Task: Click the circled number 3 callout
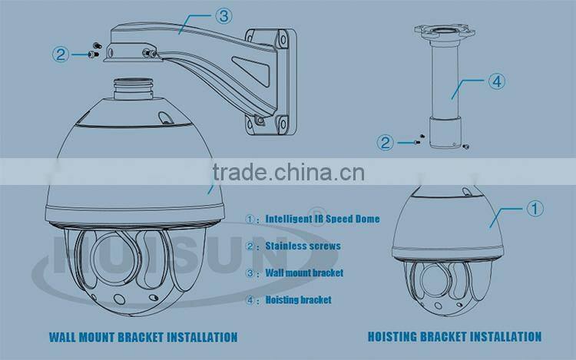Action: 223,16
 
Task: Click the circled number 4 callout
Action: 497,81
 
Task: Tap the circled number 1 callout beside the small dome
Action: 535,208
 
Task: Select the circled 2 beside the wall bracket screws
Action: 61,54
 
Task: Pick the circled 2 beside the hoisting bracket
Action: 386,142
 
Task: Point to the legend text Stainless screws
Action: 303,246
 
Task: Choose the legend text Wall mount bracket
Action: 304,272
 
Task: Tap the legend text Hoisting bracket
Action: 298,300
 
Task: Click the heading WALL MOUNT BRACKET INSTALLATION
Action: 144,337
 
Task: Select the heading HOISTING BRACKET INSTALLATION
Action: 455,336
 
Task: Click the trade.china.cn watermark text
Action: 289,172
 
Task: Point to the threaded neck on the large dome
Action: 133,88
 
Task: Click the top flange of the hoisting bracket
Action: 445,32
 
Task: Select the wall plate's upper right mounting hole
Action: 283,39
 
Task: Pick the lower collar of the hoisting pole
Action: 445,132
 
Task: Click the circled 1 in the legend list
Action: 250,219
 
